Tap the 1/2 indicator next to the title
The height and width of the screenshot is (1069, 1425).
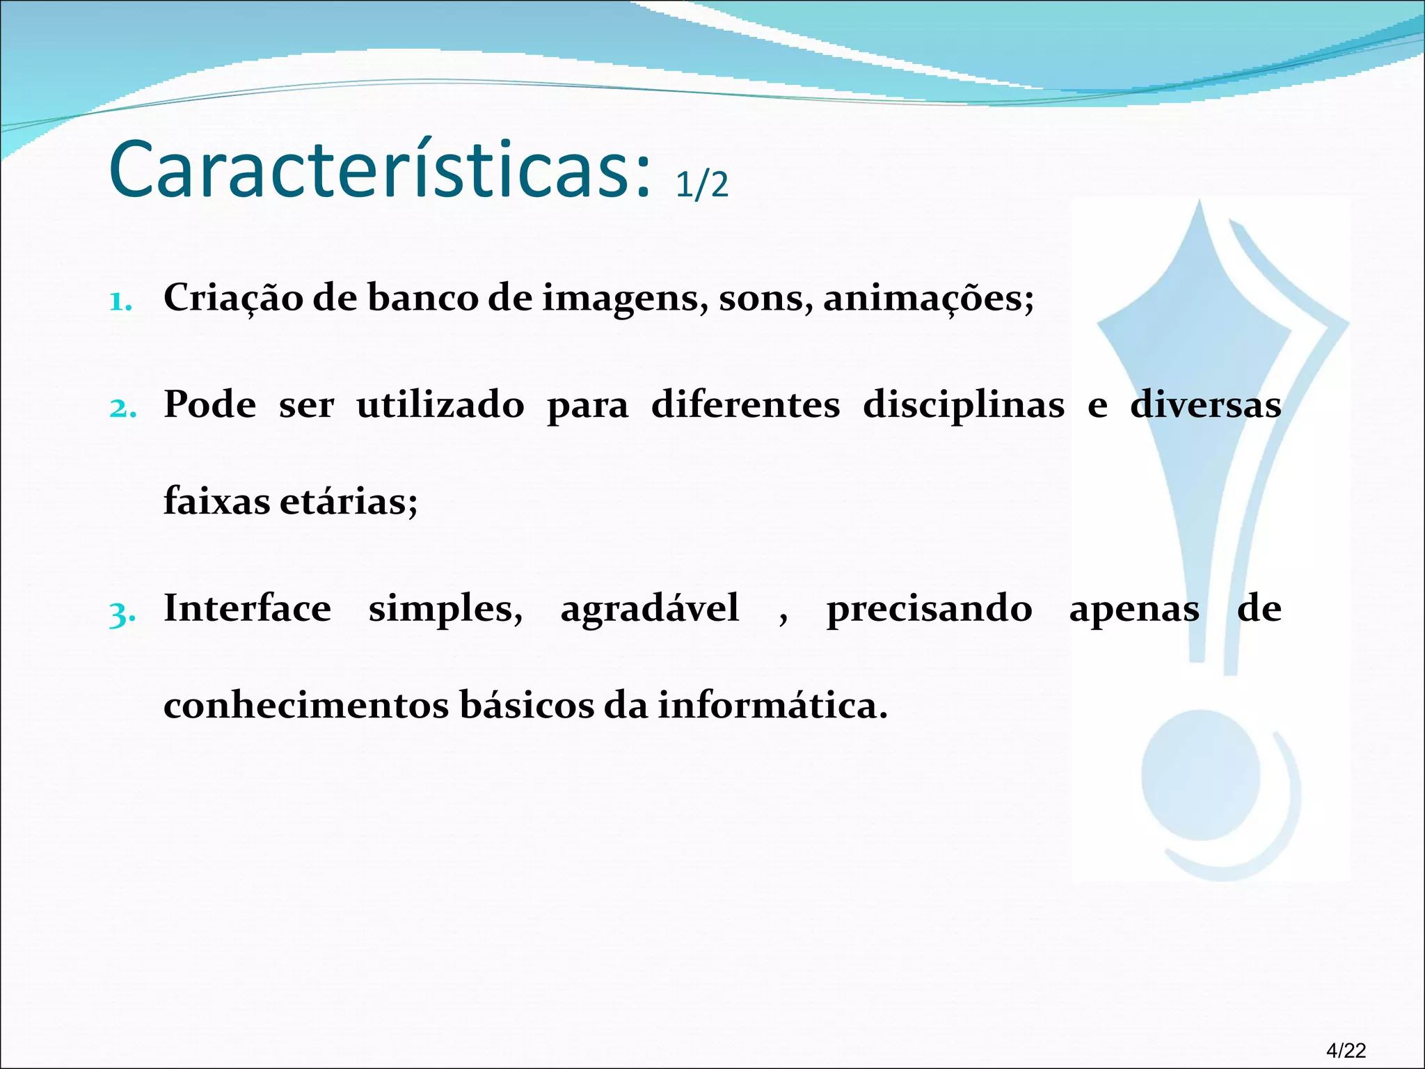coord(701,185)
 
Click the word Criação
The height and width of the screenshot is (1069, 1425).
coord(233,298)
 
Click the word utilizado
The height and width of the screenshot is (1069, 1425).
coord(440,404)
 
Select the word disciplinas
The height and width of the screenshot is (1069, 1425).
coord(963,406)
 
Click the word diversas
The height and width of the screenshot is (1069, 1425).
coord(1205,404)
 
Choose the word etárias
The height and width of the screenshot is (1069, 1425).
coord(348,501)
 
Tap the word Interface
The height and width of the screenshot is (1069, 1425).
coord(247,608)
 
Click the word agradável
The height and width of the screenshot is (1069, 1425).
coord(649,608)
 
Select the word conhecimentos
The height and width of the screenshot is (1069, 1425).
coord(306,705)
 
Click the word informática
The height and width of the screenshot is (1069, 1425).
coord(772,705)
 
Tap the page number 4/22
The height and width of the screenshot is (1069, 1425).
coord(1346,1050)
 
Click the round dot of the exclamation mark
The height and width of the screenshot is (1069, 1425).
coord(1200,775)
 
